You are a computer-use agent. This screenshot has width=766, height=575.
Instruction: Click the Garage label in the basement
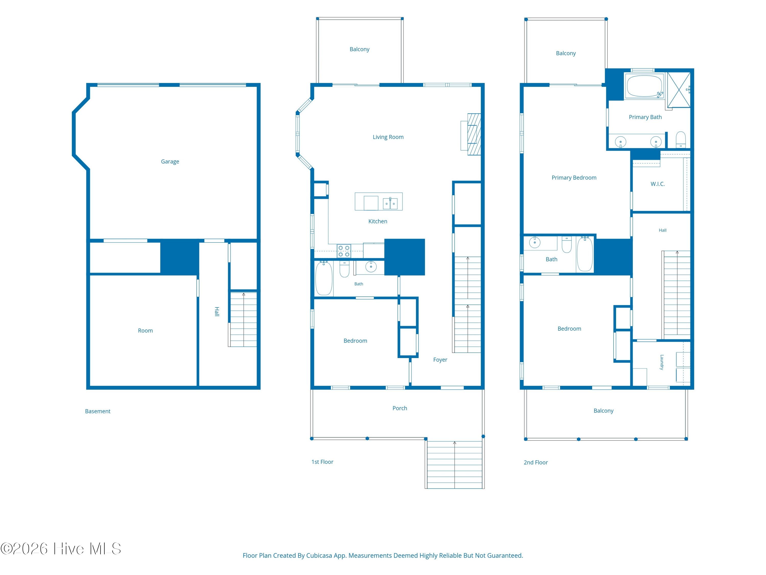point(170,162)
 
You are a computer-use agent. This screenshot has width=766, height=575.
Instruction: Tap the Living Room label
point(388,137)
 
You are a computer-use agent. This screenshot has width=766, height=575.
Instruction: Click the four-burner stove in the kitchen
point(344,251)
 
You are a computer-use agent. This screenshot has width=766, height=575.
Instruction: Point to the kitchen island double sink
point(390,203)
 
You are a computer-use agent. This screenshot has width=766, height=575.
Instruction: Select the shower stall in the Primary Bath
point(679,90)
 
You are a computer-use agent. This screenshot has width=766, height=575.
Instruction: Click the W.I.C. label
point(657,184)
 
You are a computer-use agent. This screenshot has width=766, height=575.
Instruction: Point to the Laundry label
point(662,362)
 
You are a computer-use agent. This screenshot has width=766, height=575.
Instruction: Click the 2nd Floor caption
point(535,462)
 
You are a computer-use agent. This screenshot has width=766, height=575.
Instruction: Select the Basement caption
point(98,411)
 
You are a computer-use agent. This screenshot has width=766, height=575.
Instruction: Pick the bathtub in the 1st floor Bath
point(324,278)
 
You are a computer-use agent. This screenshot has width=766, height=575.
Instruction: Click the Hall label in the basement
point(217,311)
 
